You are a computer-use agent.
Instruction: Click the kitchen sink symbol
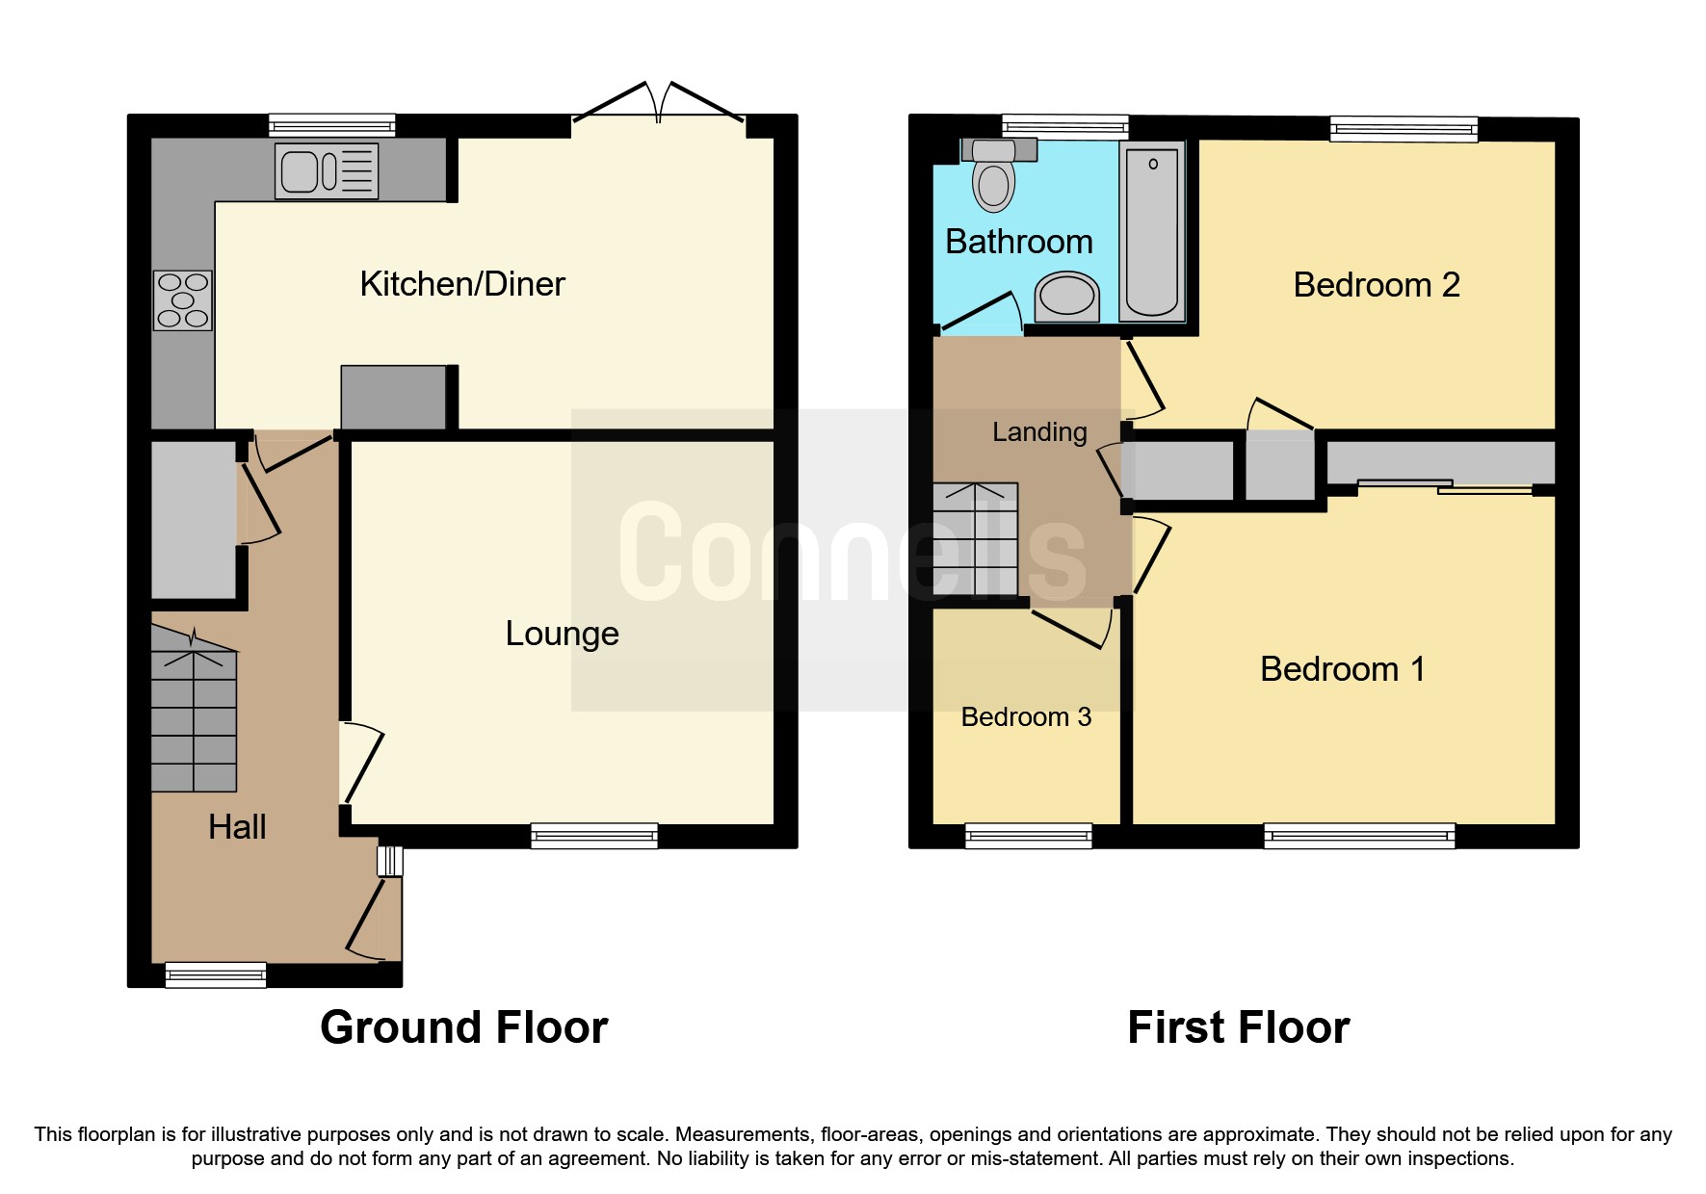327,171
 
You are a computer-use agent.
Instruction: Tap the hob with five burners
183,300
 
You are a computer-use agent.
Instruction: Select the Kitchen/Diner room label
461,284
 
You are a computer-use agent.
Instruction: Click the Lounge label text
562,634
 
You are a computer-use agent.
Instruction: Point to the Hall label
237,827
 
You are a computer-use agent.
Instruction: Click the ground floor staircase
194,717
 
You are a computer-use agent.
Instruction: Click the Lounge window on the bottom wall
594,836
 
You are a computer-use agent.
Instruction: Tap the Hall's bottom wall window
216,974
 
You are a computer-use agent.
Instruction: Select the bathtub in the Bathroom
1153,232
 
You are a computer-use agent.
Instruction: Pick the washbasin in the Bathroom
1066,297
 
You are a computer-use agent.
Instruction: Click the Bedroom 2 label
1376,285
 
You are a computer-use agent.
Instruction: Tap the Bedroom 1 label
1342,669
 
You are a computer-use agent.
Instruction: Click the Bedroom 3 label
1026,717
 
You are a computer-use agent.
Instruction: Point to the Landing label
1039,432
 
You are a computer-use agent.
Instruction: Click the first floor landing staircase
976,539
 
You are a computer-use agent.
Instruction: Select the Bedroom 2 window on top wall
1404,129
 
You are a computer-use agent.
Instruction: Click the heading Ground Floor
463,1027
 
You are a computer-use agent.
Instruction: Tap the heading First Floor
1238,1027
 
